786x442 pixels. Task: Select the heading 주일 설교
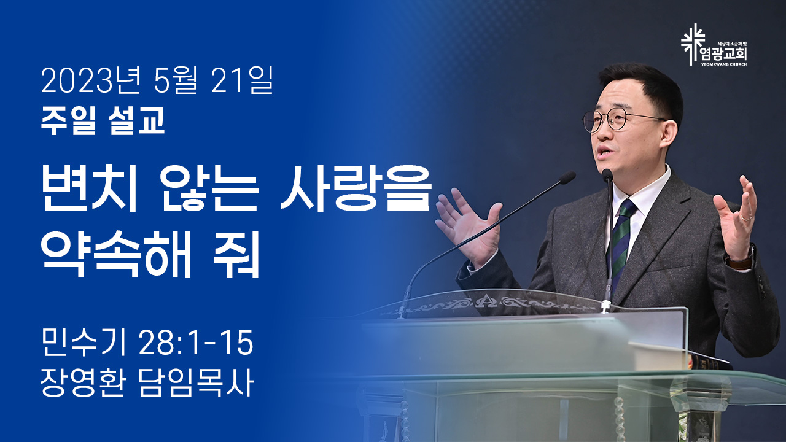tap(103, 120)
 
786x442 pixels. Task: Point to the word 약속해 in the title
tap(116, 254)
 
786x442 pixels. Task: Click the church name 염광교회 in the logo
tap(723, 55)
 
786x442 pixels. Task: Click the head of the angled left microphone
tap(567, 177)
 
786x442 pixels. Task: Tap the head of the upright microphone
tap(607, 175)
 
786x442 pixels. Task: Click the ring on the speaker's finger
tap(746, 218)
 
